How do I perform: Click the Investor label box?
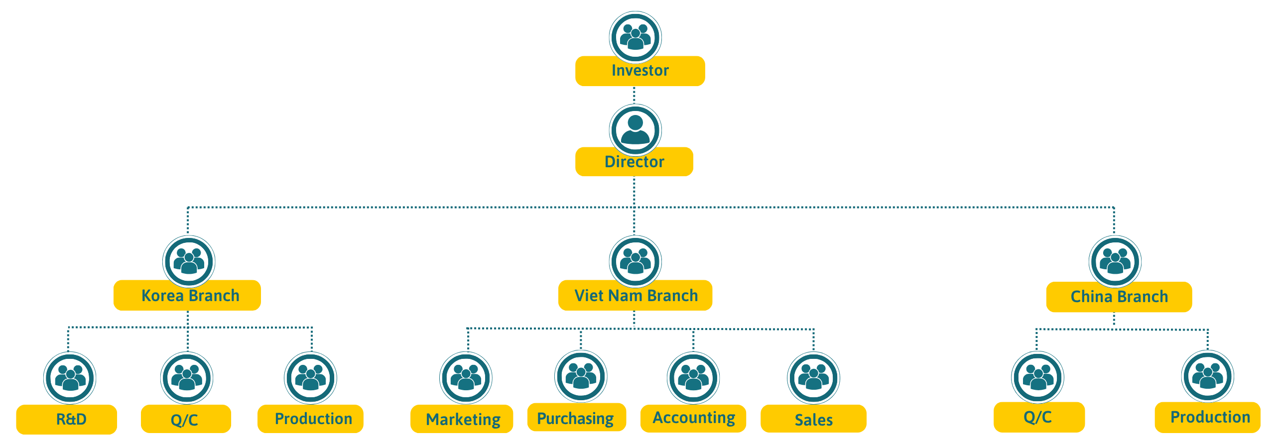pyautogui.click(x=640, y=71)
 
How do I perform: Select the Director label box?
pyautogui.click(x=634, y=162)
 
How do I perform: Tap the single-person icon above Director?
pyautogui.click(x=635, y=130)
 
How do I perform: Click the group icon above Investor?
pyautogui.click(x=635, y=37)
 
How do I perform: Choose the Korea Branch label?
pyautogui.click(x=187, y=295)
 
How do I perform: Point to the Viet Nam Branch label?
pyautogui.click(x=635, y=295)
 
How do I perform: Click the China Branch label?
pyautogui.click(x=1119, y=297)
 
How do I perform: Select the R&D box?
pyautogui.click(x=67, y=419)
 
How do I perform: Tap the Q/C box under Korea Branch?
pyautogui.click(x=186, y=419)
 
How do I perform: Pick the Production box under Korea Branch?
pyautogui.click(x=310, y=419)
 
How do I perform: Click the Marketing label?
pyautogui.click(x=462, y=419)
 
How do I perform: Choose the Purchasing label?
pyautogui.click(x=577, y=417)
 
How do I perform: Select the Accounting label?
pyautogui.click(x=693, y=418)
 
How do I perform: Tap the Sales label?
pyautogui.click(x=813, y=419)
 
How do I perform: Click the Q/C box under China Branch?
pyautogui.click(x=1039, y=417)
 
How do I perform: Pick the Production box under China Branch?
pyautogui.click(x=1208, y=417)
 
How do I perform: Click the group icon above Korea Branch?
pyautogui.click(x=189, y=261)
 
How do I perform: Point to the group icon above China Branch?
pyautogui.click(x=1115, y=261)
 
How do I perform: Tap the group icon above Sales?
pyautogui.click(x=813, y=378)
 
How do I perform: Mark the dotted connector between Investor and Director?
pyautogui.click(x=634, y=95)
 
